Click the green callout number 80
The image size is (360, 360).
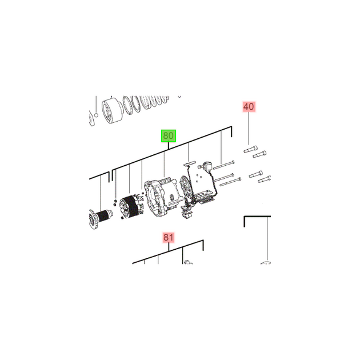169,136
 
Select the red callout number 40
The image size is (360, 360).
249,107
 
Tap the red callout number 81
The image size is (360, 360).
169,237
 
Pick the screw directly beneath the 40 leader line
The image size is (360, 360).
250,149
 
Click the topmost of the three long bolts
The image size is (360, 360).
224,165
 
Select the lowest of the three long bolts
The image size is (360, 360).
231,182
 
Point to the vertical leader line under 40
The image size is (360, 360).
249,129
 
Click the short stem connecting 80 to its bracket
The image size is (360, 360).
169,146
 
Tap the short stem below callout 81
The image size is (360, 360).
169,247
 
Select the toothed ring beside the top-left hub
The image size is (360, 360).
131,105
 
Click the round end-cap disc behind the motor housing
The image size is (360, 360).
185,189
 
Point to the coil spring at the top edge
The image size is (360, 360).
154,101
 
